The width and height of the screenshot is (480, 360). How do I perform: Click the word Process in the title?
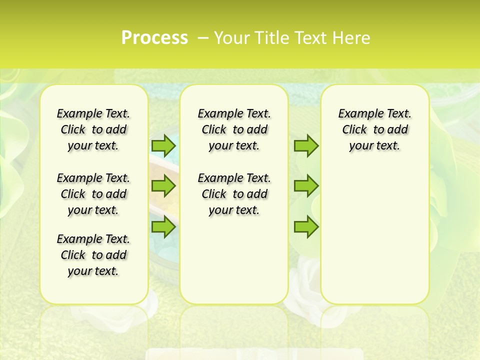154,38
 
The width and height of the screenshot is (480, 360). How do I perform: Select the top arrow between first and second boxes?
163,145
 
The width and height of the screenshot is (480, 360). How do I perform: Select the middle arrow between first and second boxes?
163,186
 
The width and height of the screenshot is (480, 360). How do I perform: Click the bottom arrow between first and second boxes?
163,227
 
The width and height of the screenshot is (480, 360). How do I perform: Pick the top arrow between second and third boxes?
306,145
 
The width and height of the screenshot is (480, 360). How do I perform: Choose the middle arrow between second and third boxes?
306,186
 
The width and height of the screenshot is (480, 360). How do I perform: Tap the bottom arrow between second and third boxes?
306,227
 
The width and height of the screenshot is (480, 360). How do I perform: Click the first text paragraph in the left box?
93,129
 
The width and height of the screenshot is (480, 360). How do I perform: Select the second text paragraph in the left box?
93,194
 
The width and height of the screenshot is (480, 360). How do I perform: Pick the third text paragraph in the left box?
93,255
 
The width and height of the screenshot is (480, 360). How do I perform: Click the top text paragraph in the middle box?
234,129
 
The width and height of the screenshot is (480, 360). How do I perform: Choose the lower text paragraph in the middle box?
234,194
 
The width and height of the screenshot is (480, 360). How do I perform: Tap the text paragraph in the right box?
375,129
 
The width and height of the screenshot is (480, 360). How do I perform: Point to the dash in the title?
202,38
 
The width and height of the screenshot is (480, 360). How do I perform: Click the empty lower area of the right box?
375,235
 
